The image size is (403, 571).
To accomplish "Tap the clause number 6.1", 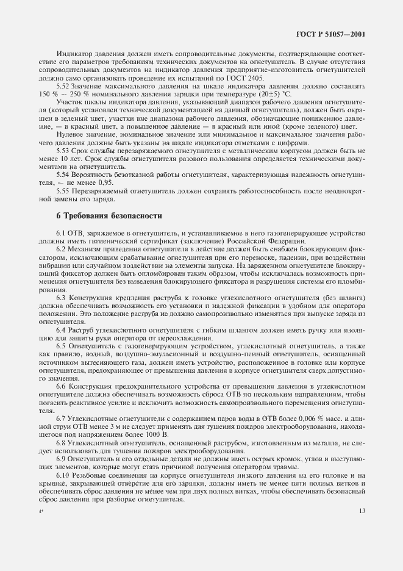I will [61, 234].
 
